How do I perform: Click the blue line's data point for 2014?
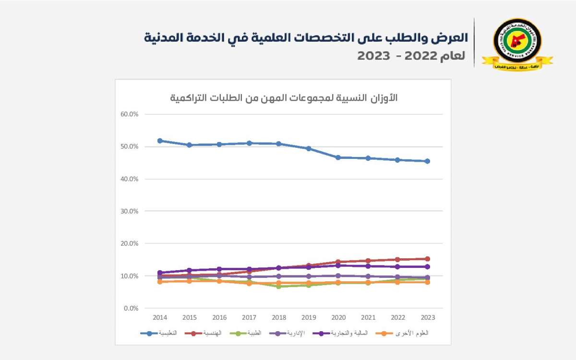[x=160, y=141]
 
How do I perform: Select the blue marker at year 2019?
[x=309, y=148]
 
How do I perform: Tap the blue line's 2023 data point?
[x=427, y=161]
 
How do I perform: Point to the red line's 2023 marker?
[x=427, y=259]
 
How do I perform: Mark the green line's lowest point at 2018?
[x=279, y=286]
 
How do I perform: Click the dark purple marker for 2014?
[x=160, y=273]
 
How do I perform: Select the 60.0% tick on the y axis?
[x=130, y=114]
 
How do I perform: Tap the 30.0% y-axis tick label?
[x=130, y=211]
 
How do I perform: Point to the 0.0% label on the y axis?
[x=131, y=308]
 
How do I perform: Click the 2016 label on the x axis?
[x=219, y=318]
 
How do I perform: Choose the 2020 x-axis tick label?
[x=338, y=318]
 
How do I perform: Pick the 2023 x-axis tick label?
[x=427, y=318]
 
